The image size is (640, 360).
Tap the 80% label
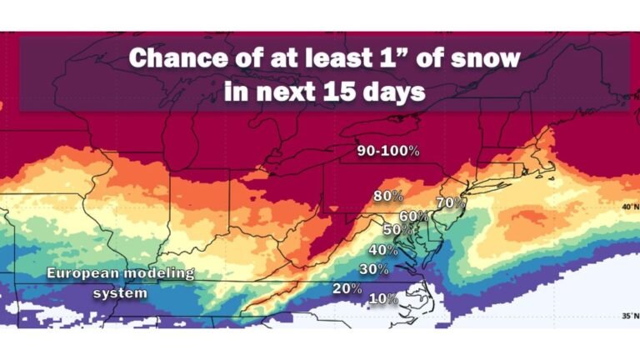pos(388,197)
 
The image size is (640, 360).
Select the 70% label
pos(450,202)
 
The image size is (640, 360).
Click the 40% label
pos(382,249)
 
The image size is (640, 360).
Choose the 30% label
pos(374,268)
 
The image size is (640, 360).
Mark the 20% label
pos(347,288)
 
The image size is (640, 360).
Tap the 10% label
pos(382,298)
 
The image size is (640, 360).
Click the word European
pos(81,272)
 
